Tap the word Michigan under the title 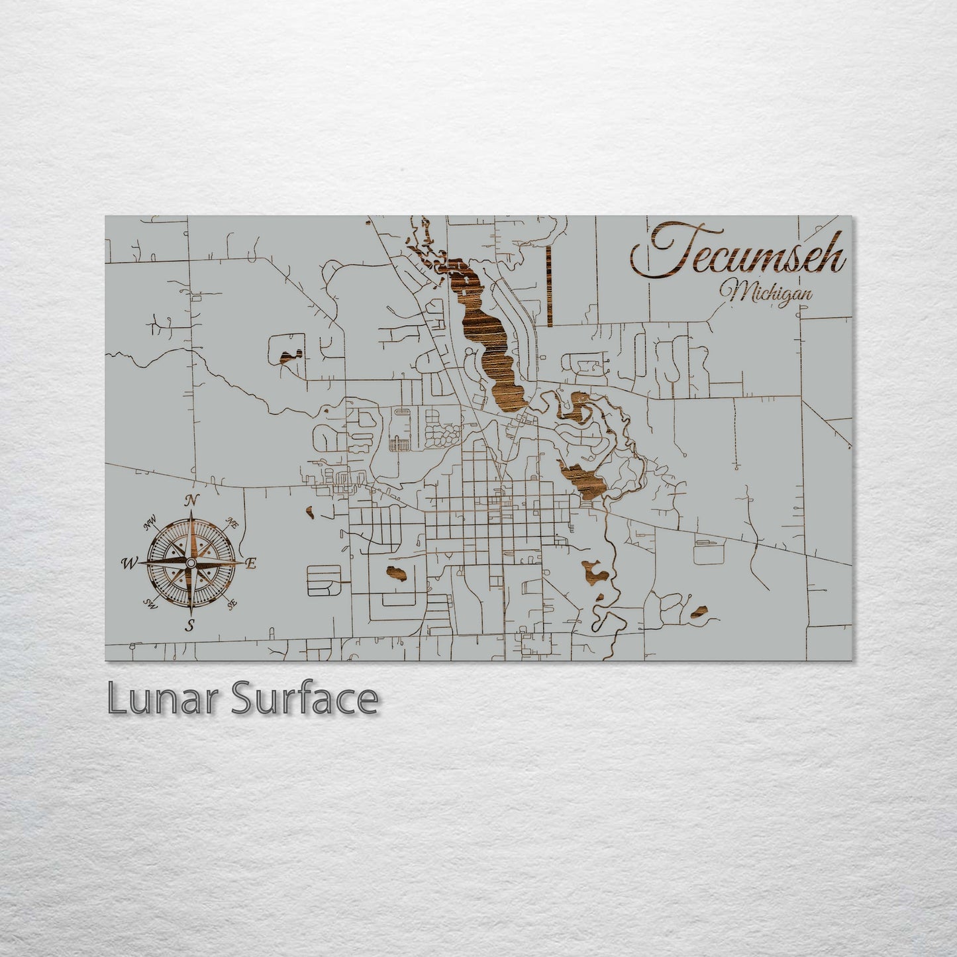click(x=770, y=292)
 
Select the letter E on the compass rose click(x=250, y=563)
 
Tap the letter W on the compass click(x=126, y=564)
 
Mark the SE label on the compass click(x=232, y=603)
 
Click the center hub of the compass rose click(x=190, y=562)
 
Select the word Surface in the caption click(x=305, y=698)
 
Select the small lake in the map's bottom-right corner click(x=699, y=613)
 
